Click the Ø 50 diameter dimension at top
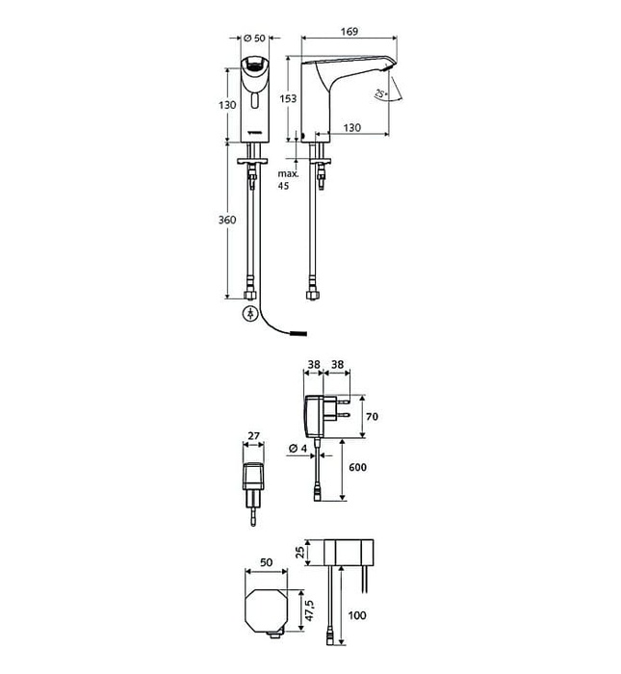pyautogui.click(x=254, y=38)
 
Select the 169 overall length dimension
pyautogui.click(x=349, y=32)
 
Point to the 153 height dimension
pyautogui.click(x=288, y=98)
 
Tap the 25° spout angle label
pyautogui.click(x=381, y=92)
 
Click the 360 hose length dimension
pyautogui.click(x=227, y=220)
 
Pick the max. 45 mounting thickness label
pyautogui.click(x=288, y=180)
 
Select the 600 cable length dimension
pyautogui.click(x=357, y=467)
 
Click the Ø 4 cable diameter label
pyautogui.click(x=298, y=449)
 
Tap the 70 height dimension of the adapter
pyautogui.click(x=373, y=416)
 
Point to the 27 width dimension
pyautogui.click(x=254, y=436)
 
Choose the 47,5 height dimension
pyautogui.click(x=310, y=610)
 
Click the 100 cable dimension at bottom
pyautogui.click(x=357, y=615)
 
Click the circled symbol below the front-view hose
pyautogui.click(x=250, y=313)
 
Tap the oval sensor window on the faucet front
pyautogui.click(x=255, y=102)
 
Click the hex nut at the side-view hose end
pyautogui.click(x=312, y=295)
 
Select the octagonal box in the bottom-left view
pyautogui.click(x=267, y=610)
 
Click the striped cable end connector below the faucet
pyautogui.click(x=298, y=333)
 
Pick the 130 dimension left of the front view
pyautogui.click(x=227, y=105)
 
